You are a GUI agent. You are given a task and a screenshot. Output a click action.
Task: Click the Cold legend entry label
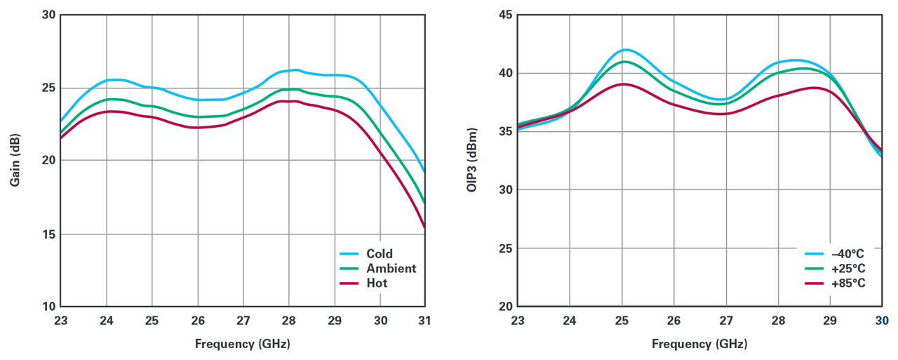tap(380, 254)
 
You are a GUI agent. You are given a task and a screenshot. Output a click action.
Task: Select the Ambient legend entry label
tap(391, 269)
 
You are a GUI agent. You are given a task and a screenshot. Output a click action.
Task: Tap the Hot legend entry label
tap(377, 284)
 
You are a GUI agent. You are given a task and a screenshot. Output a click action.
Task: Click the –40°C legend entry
tap(847, 254)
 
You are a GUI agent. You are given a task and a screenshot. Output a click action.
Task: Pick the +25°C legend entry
tap(847, 269)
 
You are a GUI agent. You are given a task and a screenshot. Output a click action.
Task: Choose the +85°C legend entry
tap(847, 284)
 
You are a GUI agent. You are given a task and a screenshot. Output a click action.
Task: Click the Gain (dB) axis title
tap(15, 161)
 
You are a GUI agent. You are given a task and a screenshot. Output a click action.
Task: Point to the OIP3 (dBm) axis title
tap(472, 161)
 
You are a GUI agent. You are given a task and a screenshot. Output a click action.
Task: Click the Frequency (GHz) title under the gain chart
tap(243, 344)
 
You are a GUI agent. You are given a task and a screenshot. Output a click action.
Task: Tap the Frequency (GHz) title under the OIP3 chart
tap(699, 344)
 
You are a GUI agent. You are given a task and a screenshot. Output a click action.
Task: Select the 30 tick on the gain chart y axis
tap(48, 15)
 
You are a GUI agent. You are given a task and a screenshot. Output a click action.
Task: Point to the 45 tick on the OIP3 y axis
tap(505, 15)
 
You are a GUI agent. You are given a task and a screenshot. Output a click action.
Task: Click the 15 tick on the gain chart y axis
tap(48, 234)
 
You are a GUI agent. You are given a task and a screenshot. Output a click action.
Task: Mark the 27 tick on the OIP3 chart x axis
tap(726, 321)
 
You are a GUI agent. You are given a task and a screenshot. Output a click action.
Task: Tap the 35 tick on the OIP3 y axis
tap(505, 132)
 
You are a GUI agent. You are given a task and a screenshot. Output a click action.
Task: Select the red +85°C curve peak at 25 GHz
tap(622, 84)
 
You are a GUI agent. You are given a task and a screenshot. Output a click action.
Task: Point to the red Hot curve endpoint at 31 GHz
tap(424, 227)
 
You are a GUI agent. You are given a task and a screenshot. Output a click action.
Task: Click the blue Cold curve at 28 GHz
tap(289, 70)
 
